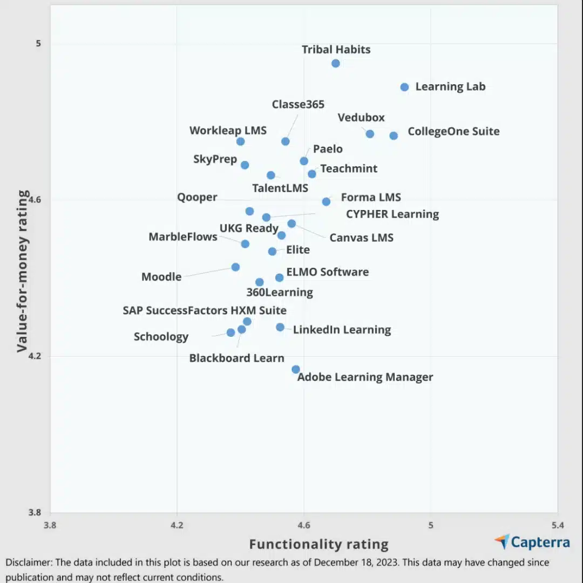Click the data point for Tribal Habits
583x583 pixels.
335,63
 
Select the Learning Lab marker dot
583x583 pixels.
404,87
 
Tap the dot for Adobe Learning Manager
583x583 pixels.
296,369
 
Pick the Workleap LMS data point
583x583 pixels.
241,141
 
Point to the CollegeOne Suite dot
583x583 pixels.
394,135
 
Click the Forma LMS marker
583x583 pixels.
326,202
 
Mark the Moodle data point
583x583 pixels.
235,267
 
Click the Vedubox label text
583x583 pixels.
361,118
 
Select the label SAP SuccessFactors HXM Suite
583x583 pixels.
205,310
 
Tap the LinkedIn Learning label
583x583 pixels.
342,329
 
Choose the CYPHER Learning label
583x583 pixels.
392,214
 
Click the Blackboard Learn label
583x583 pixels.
236,358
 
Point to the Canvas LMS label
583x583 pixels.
361,238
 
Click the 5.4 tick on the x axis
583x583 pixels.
558,525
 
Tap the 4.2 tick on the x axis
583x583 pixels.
177,525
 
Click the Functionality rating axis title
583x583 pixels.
318,544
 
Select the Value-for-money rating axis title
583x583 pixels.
22,271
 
